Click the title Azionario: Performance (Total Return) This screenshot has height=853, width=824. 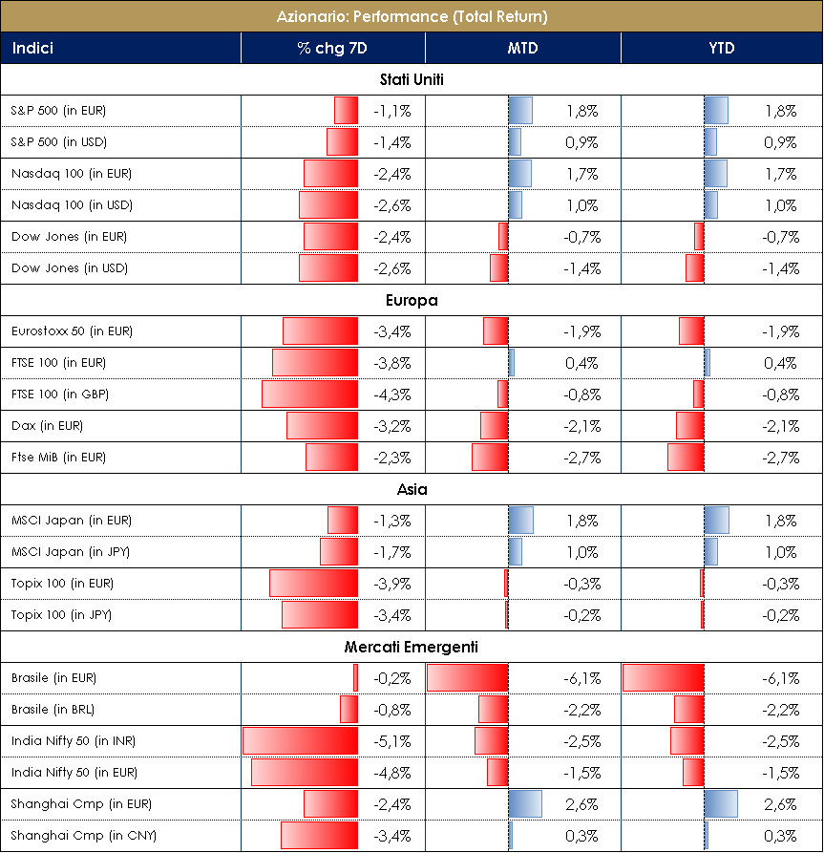(x=412, y=16)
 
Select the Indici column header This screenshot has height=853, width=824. (x=33, y=48)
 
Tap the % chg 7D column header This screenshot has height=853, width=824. (x=332, y=48)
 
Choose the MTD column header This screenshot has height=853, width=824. (x=522, y=48)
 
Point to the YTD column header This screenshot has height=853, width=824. (x=721, y=48)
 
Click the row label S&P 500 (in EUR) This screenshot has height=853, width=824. (x=58, y=111)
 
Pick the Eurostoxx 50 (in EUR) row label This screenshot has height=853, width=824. (x=72, y=331)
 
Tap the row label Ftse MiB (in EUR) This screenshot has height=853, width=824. (x=58, y=458)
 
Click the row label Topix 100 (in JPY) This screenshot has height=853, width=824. (x=61, y=615)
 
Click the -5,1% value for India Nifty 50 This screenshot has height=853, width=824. (x=391, y=741)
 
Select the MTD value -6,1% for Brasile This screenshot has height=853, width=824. (x=581, y=678)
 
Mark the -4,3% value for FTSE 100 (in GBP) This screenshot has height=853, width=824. (x=391, y=395)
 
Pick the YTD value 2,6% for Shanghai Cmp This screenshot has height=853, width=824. (x=780, y=804)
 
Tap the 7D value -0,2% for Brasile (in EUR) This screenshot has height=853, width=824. (x=391, y=678)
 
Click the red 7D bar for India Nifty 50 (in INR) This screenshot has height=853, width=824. (x=300, y=741)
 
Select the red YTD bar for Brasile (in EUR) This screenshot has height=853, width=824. (x=663, y=678)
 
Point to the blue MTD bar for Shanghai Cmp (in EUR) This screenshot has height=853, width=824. (x=525, y=804)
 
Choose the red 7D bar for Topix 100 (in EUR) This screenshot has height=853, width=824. (x=313, y=584)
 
